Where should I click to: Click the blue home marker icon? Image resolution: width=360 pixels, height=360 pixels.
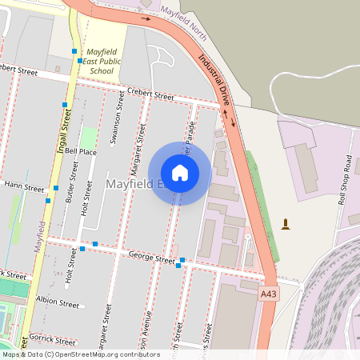point(180,173)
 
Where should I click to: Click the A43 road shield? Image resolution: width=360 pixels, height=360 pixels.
point(270,294)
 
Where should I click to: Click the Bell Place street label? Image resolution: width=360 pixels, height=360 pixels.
point(81,150)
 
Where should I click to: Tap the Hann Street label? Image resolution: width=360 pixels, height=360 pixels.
point(24,187)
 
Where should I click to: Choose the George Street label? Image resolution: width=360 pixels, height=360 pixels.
point(152,259)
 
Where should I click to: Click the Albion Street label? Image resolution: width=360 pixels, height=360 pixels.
point(58,304)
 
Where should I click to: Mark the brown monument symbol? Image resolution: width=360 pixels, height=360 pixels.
point(286,224)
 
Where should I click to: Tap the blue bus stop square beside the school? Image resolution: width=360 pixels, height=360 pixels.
point(80,61)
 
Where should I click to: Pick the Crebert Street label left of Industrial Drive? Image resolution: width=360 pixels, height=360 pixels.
point(150,96)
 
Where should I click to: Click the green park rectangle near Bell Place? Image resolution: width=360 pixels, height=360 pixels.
point(88,137)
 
